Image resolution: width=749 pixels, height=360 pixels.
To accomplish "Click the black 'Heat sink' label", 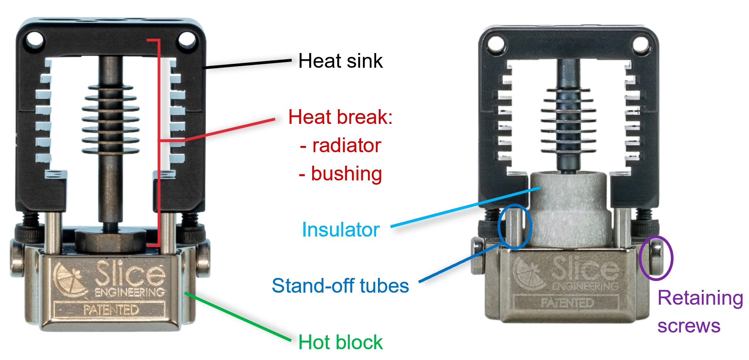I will (x=340, y=61).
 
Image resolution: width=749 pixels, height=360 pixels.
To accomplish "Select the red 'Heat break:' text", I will (x=340, y=117).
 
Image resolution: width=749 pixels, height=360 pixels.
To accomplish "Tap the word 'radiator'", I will (x=346, y=146).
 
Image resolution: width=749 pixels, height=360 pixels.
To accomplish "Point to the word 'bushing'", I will (x=346, y=174).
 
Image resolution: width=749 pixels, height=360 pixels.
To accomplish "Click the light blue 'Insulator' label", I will (x=340, y=230).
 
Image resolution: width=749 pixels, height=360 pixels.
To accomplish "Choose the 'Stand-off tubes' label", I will (x=340, y=286).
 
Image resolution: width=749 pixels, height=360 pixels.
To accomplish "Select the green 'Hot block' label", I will (x=340, y=342).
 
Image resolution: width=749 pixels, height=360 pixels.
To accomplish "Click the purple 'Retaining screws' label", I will (x=700, y=312).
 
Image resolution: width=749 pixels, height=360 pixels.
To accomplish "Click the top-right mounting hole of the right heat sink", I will (x=641, y=44).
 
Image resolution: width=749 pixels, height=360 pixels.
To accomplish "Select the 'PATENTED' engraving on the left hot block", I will (x=111, y=310).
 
